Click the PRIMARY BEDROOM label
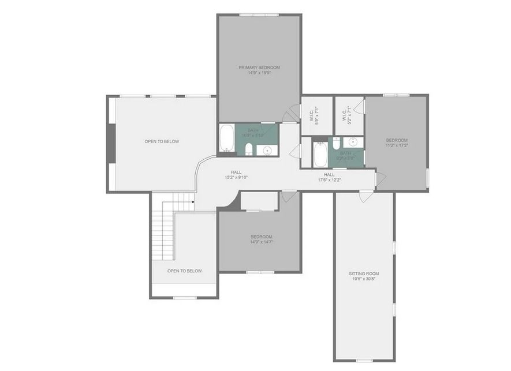click(259, 68)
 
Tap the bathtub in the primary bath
click(227, 138)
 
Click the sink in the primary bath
click(267, 151)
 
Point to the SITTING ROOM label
click(364, 273)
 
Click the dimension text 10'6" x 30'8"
click(364, 279)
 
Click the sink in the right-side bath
click(353, 142)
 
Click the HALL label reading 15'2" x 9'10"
click(236, 175)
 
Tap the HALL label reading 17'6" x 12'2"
click(329, 177)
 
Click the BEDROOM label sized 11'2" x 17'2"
click(397, 143)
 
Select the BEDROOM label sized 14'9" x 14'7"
click(261, 239)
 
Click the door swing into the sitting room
click(364, 197)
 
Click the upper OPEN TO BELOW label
click(162, 141)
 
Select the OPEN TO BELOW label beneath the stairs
click(185, 271)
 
